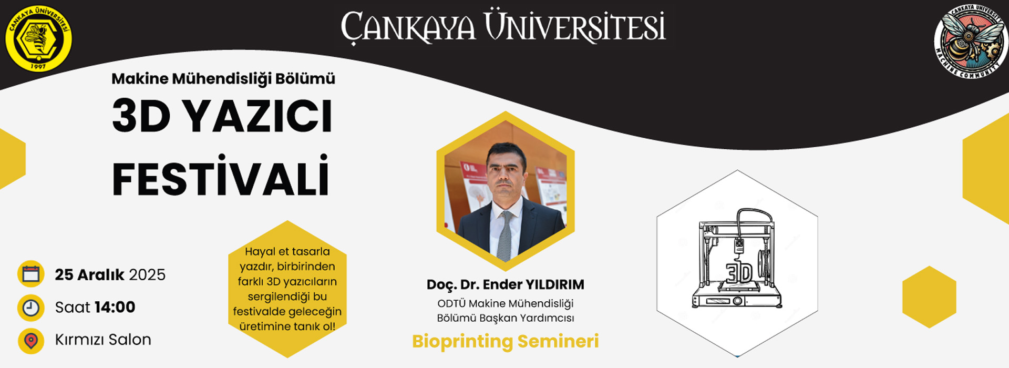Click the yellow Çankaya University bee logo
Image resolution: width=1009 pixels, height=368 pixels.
point(38,38)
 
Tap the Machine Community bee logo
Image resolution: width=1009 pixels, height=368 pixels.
point(971,40)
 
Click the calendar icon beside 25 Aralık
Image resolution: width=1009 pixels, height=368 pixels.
point(30,274)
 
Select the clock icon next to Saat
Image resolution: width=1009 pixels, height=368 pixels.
point(30,308)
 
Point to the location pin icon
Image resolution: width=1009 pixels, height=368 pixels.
point(30,341)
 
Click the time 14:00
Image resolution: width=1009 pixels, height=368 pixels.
point(115,307)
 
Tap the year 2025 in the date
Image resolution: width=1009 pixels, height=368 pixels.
point(147,275)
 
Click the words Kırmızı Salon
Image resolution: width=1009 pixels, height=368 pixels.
point(103,340)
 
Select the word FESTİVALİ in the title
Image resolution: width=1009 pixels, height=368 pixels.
point(221,178)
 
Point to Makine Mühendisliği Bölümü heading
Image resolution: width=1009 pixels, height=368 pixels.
point(223,79)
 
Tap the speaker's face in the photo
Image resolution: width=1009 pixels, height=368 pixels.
point(506,171)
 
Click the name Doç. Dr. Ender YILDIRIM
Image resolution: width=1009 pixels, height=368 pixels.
point(505,285)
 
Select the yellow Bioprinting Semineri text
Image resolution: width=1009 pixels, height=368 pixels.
point(505,341)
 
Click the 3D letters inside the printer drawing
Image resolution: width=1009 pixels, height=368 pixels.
point(739,272)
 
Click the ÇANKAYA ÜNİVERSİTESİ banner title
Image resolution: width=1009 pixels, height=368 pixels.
point(503,27)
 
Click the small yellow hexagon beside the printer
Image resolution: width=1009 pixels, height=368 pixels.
point(929,297)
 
